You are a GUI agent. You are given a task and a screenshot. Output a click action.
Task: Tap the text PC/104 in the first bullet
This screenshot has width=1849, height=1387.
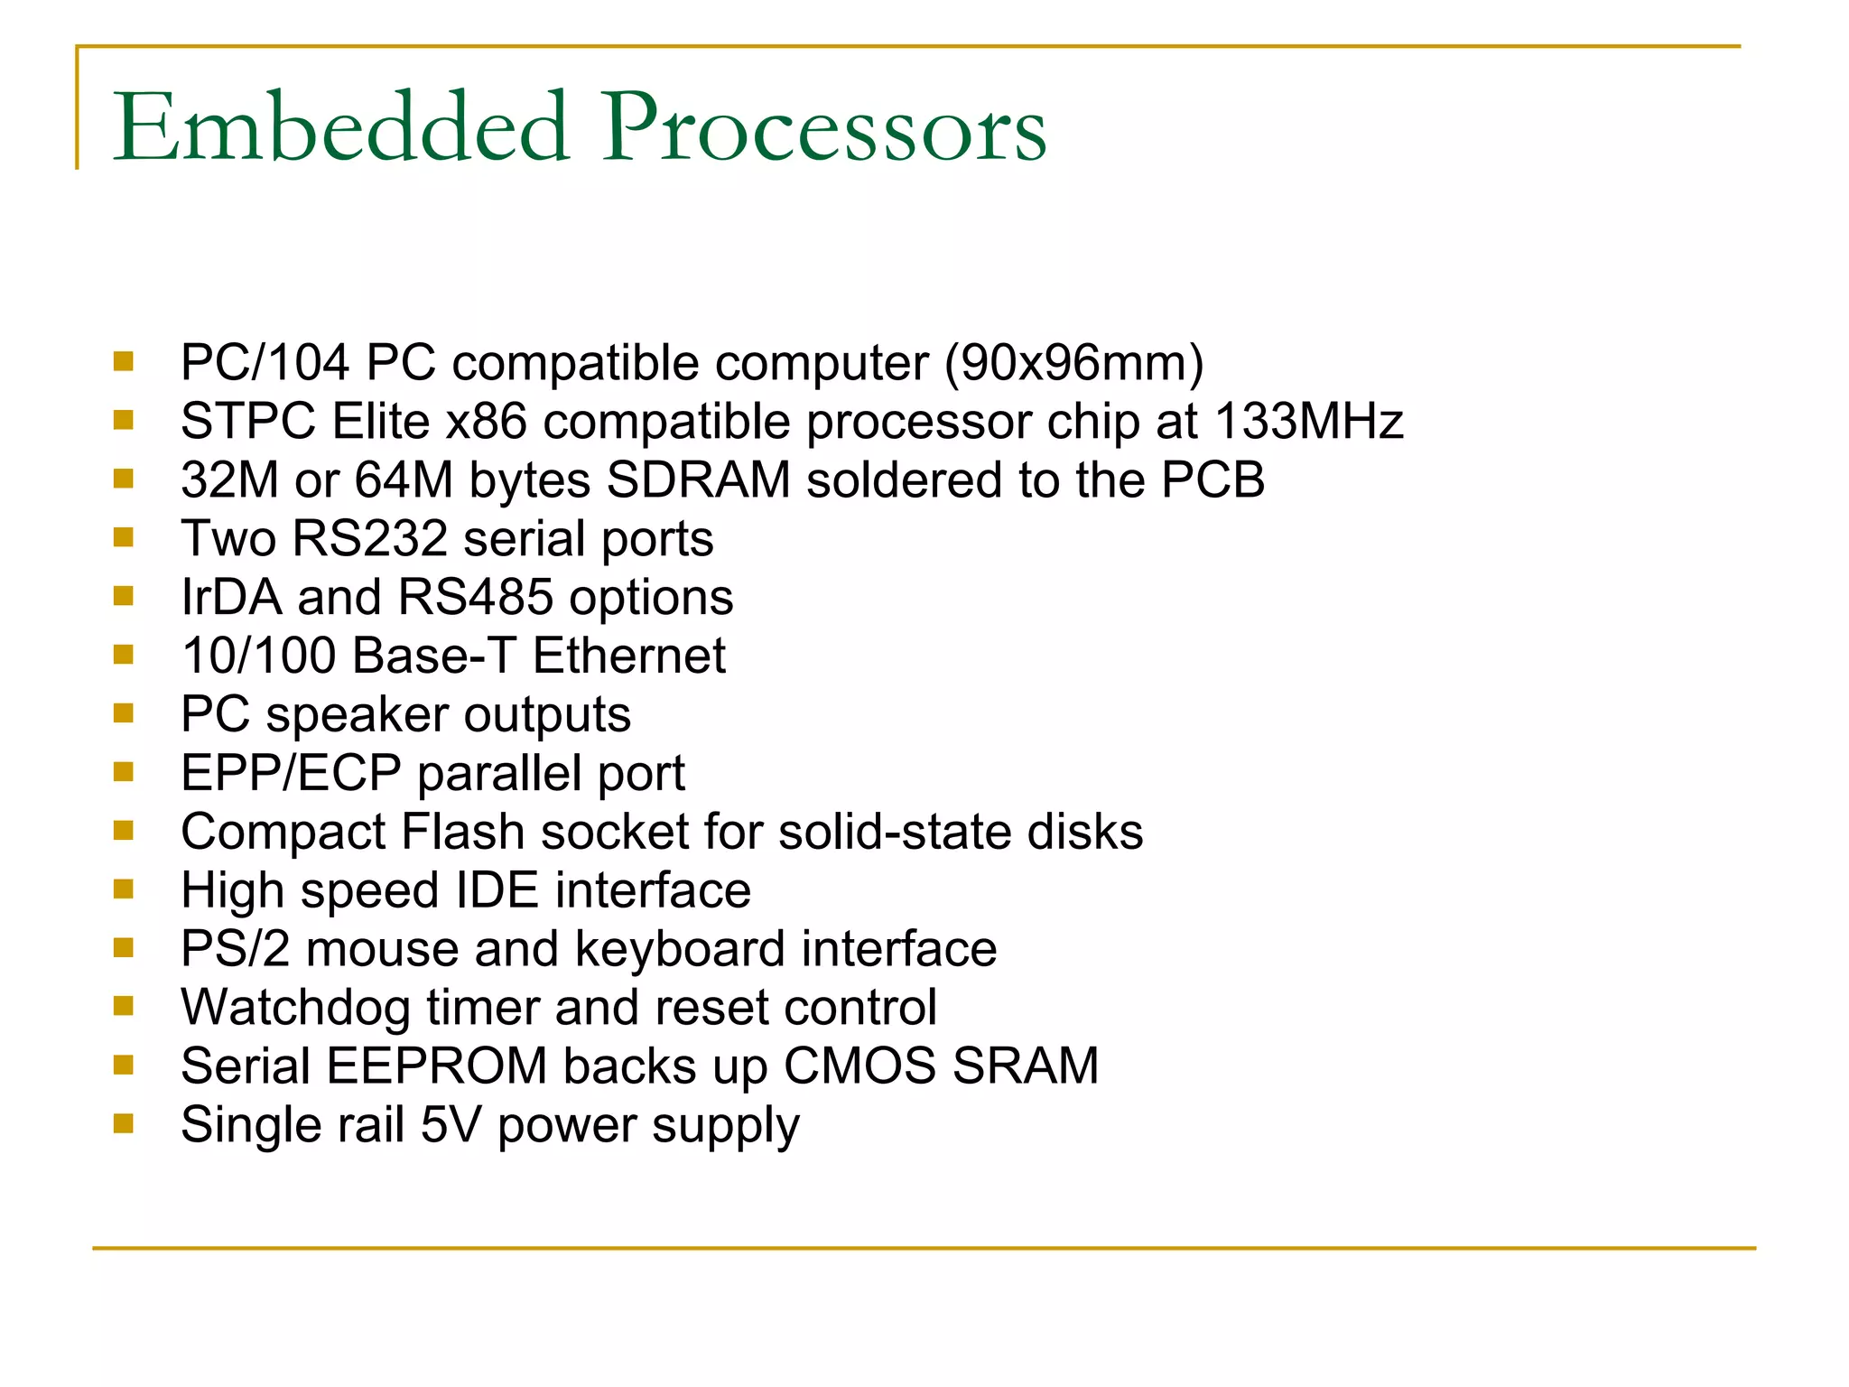pyautogui.click(x=265, y=363)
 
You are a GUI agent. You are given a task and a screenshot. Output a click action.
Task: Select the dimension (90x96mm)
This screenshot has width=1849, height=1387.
pyautogui.click(x=1073, y=363)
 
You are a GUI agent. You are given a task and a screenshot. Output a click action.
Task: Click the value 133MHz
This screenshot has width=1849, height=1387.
pyautogui.click(x=1308, y=422)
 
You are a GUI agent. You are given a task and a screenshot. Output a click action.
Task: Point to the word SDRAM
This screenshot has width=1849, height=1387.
pyautogui.click(x=698, y=480)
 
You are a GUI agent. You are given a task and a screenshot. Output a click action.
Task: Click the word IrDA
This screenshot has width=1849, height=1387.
pyautogui.click(x=232, y=598)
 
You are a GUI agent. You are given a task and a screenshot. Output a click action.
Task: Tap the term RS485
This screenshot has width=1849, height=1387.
pyautogui.click(x=475, y=598)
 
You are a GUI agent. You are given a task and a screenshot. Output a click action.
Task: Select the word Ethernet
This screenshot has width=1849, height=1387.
pyautogui.click(x=628, y=656)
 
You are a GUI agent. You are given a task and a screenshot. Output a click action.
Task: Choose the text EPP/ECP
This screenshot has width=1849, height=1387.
pyautogui.click(x=291, y=773)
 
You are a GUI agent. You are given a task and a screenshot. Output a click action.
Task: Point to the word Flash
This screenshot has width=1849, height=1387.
pyautogui.click(x=463, y=832)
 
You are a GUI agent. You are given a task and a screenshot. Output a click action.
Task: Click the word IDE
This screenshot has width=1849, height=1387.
pyautogui.click(x=497, y=890)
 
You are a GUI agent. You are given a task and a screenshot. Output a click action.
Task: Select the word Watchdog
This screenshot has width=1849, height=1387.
pyautogui.click(x=296, y=1008)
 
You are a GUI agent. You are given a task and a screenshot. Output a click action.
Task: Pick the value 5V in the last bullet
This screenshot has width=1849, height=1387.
pyautogui.click(x=451, y=1125)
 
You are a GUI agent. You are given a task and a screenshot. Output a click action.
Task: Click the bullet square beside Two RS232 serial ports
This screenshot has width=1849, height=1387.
pyautogui.click(x=124, y=538)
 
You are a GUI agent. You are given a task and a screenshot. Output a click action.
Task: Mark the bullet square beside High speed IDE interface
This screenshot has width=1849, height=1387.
pyautogui.click(x=124, y=889)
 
